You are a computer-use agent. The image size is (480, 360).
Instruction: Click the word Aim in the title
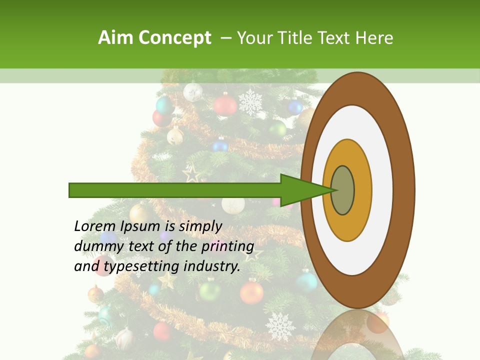[115, 38]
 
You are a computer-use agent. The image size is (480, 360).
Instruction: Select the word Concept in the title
[174, 38]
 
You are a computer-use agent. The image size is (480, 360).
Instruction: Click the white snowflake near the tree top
[250, 102]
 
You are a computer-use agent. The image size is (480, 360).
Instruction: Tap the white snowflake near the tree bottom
[280, 325]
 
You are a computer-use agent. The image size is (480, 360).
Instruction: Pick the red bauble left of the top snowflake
[225, 105]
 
